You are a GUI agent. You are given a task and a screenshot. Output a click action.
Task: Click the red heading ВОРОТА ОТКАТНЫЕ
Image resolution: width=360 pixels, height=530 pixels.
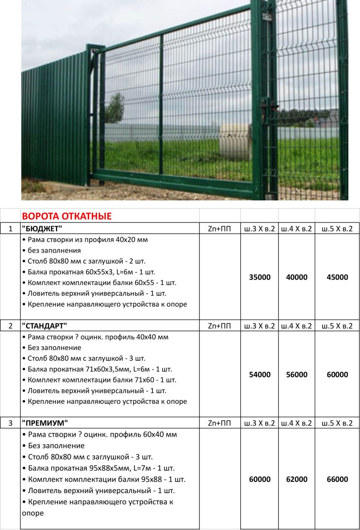pos(67,216)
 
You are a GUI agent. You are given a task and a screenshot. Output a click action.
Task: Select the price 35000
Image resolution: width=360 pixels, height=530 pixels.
pos(260,277)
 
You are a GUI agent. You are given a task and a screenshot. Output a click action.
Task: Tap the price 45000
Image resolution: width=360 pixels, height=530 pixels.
pos(337,277)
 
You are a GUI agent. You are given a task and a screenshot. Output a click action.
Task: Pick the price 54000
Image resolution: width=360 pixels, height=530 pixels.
pos(260,375)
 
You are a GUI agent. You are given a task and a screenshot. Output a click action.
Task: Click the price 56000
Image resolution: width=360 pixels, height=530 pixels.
pos(297,375)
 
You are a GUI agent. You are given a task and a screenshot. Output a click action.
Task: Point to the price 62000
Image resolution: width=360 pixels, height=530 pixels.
pos(297,480)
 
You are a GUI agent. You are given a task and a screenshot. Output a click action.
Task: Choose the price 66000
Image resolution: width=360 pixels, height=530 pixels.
pos(337,480)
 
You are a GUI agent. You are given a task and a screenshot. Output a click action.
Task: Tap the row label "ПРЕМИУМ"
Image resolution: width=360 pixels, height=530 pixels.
pos(45,423)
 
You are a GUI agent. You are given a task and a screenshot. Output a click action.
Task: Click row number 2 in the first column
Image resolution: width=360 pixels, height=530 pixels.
pos(10,326)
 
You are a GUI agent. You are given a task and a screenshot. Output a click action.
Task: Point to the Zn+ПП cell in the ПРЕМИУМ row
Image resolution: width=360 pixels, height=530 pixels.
pos(220,423)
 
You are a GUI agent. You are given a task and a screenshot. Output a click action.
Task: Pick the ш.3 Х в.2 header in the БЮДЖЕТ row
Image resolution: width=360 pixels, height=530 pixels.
pos(260,229)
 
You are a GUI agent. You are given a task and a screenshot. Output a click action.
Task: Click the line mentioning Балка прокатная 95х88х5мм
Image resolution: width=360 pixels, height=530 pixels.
pos(98,468)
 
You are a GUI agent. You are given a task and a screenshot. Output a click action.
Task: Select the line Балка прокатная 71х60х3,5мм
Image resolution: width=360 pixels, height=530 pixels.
pos(99,369)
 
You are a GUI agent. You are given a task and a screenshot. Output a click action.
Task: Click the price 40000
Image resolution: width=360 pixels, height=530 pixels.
pos(297,277)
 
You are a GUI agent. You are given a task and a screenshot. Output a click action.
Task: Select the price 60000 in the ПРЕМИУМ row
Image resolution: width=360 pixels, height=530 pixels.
pos(260,480)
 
